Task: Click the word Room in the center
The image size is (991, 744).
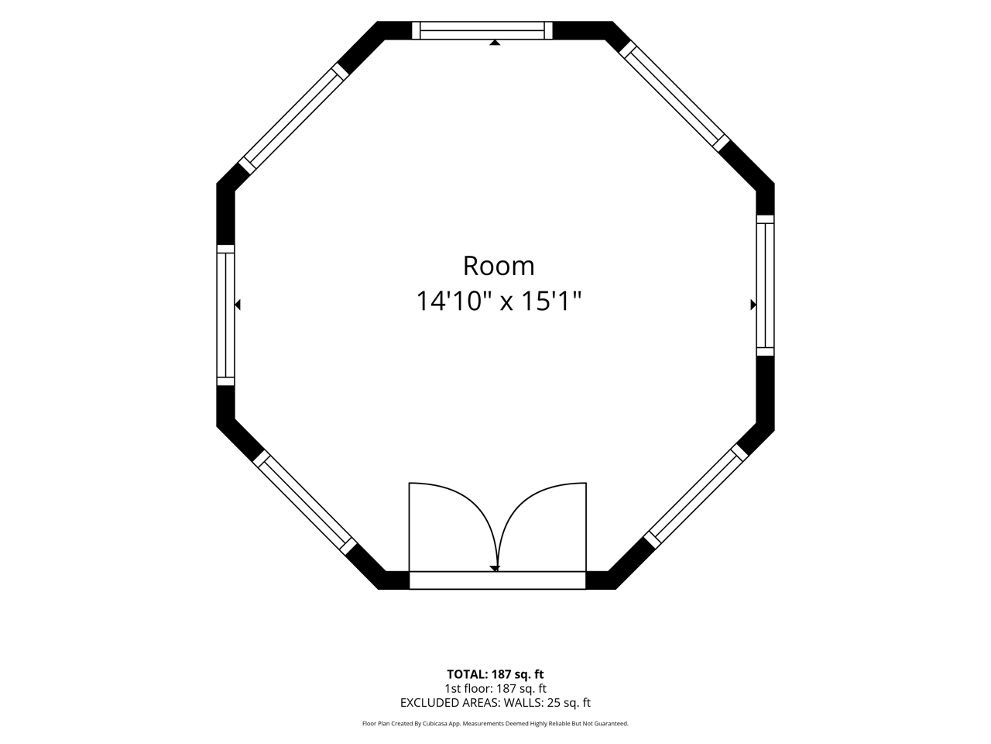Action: [499, 266]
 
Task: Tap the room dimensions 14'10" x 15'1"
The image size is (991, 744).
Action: [499, 301]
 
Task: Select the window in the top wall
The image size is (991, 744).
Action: [482, 30]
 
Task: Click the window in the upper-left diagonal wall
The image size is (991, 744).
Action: [293, 118]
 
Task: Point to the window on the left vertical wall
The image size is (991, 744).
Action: [225, 315]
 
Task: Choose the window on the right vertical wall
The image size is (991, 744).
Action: [765, 285]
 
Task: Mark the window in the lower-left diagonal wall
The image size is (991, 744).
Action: [305, 502]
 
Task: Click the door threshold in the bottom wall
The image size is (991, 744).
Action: [497, 580]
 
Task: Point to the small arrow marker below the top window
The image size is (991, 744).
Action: [495, 43]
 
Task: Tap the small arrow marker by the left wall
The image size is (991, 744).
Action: [238, 305]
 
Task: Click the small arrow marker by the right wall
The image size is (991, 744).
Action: [753, 305]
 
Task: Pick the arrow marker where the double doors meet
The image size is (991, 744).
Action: [495, 568]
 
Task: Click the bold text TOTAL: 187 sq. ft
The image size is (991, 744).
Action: [495, 674]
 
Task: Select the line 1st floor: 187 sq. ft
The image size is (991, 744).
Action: [495, 688]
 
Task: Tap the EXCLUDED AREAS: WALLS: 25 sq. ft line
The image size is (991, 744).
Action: [495, 702]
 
